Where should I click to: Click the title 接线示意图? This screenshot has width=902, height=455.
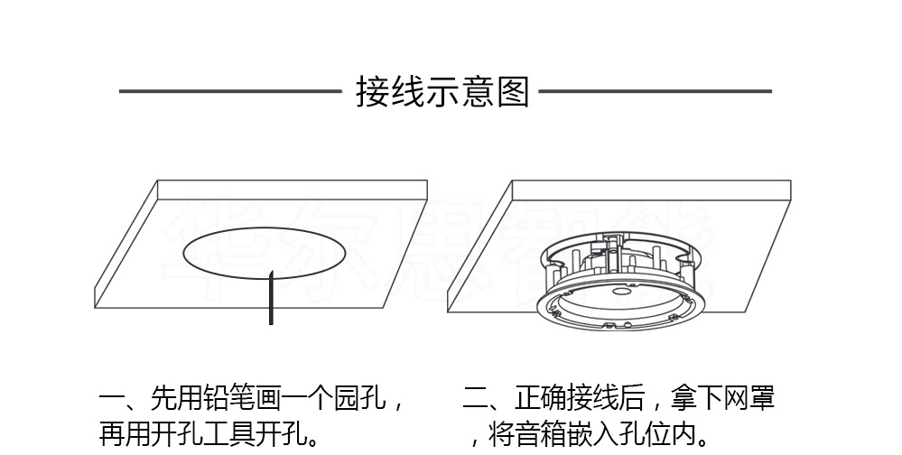442,92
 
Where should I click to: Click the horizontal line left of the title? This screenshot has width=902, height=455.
229,91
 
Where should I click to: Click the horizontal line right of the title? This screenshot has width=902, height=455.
656,91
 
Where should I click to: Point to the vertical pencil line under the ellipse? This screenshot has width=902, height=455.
271,298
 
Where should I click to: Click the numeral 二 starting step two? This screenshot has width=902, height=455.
475,398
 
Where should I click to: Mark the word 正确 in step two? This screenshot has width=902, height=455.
541,398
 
